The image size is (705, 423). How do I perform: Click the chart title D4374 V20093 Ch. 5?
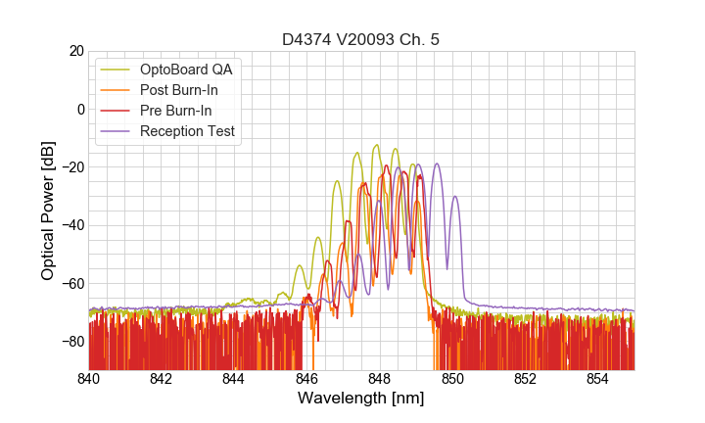[361, 39]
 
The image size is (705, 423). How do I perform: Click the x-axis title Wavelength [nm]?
[361, 399]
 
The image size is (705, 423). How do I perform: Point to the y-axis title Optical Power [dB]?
[48, 211]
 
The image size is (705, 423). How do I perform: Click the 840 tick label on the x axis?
[89, 379]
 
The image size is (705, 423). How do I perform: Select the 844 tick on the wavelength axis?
[234, 379]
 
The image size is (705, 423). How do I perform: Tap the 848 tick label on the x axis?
[380, 379]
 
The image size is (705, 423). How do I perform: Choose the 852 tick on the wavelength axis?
[525, 379]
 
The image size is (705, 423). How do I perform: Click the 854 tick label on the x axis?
[597, 379]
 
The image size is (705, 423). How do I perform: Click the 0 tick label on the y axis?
[80, 109]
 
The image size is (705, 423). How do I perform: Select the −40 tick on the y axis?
[70, 225]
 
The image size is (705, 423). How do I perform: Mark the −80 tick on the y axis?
[70, 342]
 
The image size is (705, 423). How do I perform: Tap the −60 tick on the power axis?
[70, 284]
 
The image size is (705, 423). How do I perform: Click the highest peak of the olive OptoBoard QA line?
[377, 145]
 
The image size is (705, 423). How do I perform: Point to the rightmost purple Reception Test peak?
[454, 197]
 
